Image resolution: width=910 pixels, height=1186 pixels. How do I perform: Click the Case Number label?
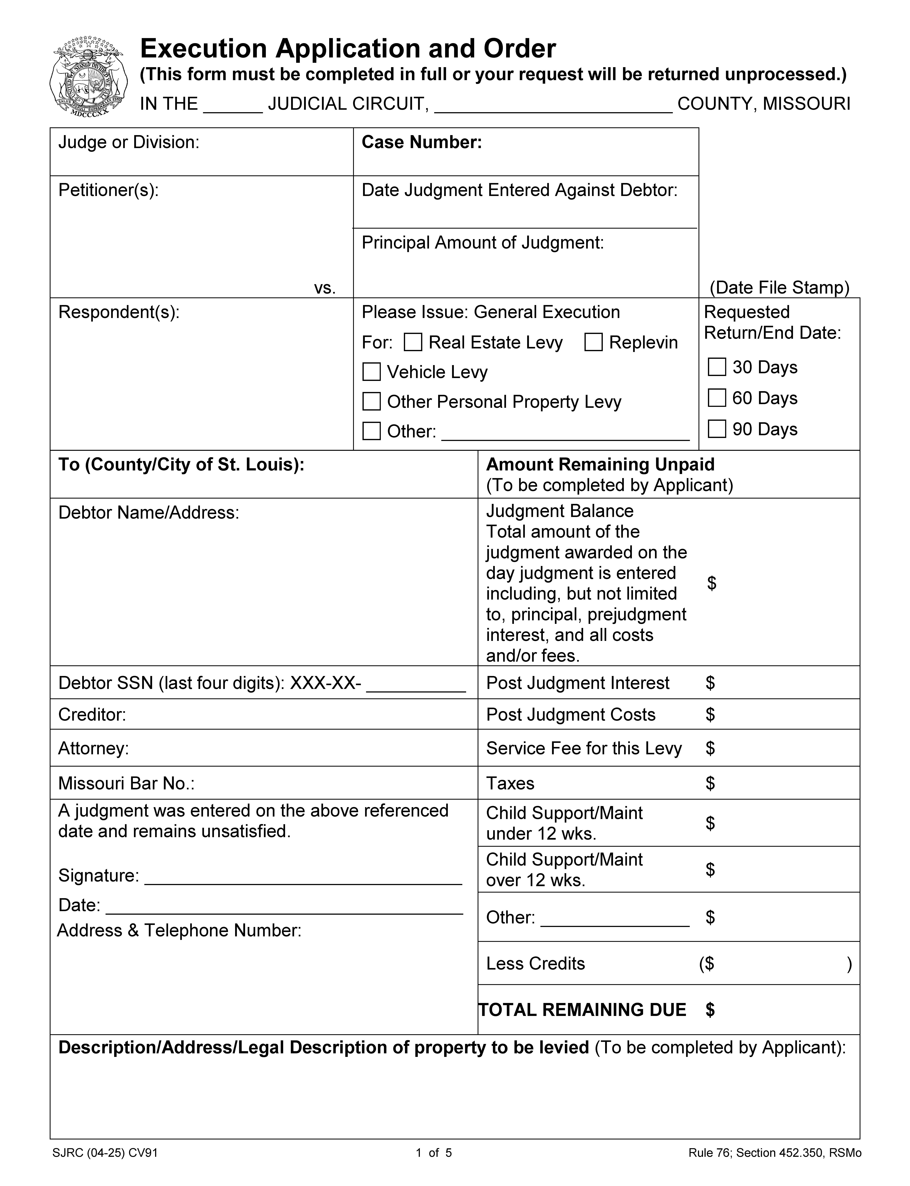421,142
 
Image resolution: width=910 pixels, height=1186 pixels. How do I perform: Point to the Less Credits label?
535,964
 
